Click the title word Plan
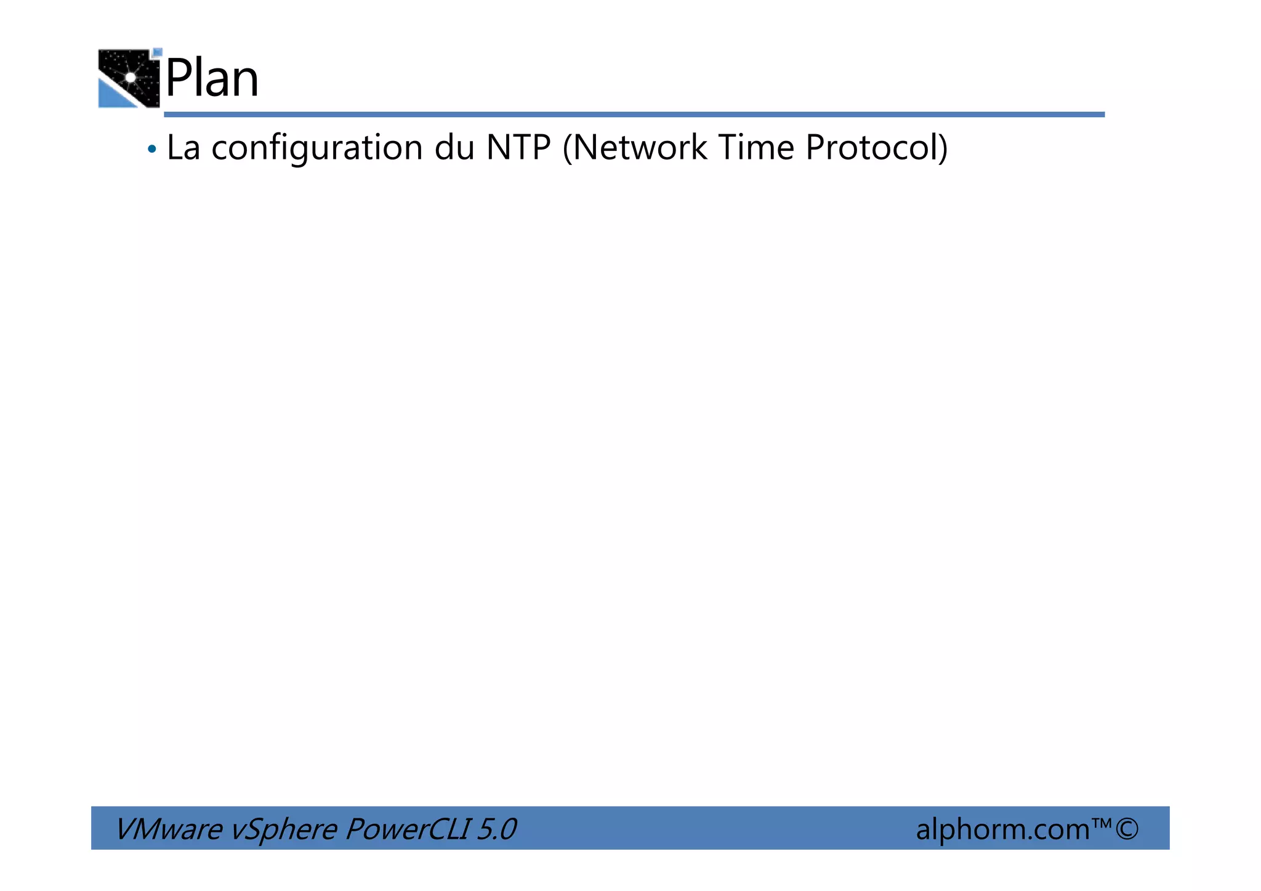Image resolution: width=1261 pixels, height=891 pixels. pos(212,79)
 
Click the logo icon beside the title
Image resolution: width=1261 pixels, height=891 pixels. pos(129,78)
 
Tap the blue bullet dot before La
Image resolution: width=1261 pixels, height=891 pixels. pos(152,149)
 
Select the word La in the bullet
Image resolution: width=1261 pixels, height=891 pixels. pos(183,148)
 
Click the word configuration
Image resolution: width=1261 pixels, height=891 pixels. pos(317,149)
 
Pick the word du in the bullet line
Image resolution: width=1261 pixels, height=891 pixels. pos(454,148)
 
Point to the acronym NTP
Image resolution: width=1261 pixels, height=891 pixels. pos(518,148)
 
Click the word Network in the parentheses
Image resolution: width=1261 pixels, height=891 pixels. pos(635,148)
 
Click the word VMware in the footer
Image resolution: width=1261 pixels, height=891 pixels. pos(168,829)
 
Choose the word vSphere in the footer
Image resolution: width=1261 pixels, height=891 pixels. pos(283,830)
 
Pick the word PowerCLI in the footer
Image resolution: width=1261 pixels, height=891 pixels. pos(406,829)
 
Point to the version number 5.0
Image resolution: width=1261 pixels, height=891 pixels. pos(496,829)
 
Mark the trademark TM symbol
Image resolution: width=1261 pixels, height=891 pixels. pos(1102,823)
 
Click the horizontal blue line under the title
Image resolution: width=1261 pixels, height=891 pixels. pos(634,115)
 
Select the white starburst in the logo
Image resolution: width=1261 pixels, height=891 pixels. pos(131,77)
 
